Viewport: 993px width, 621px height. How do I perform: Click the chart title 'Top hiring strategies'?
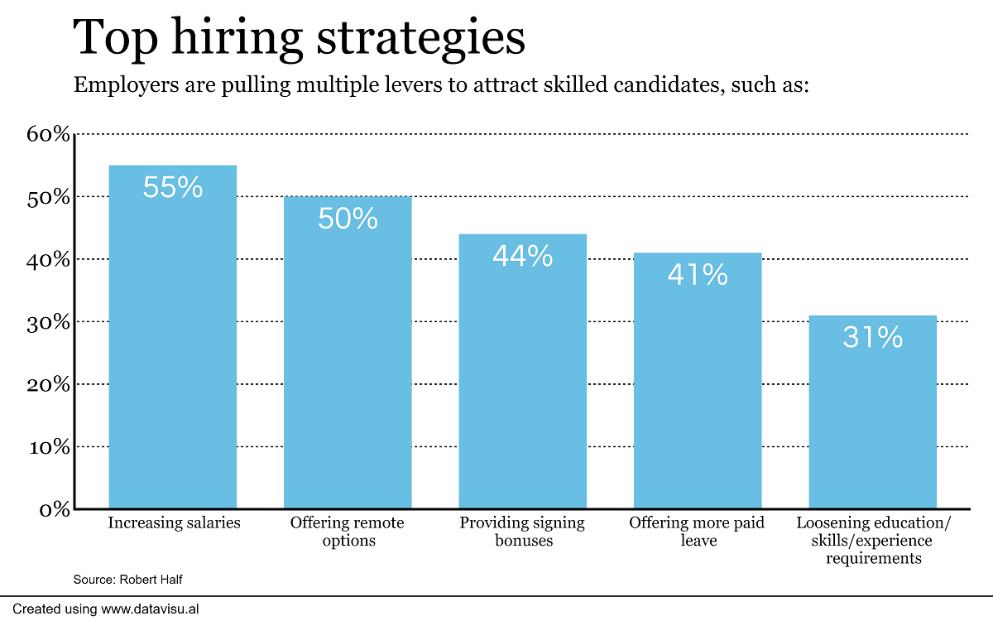click(x=299, y=38)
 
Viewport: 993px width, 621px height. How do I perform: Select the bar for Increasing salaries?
click(x=173, y=348)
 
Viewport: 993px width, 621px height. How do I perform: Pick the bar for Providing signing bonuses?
click(x=522, y=381)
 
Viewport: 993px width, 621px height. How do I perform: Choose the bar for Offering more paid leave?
click(x=698, y=389)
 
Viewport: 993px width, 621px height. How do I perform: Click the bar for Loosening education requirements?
click(x=872, y=422)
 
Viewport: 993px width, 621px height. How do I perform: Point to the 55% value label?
click(x=173, y=187)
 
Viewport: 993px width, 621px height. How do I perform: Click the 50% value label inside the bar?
click(x=348, y=219)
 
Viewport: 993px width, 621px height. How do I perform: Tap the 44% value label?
click(x=522, y=256)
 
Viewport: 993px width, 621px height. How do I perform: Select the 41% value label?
click(x=698, y=274)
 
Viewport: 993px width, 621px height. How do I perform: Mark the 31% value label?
click(x=872, y=337)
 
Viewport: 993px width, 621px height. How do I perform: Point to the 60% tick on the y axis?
click(x=49, y=134)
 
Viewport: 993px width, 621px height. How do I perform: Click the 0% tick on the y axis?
click(x=55, y=509)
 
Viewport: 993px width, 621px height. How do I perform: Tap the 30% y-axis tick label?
click(x=49, y=322)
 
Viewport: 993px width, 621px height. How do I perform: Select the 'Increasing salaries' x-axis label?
click(x=174, y=523)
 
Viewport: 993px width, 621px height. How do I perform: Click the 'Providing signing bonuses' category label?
click(x=522, y=532)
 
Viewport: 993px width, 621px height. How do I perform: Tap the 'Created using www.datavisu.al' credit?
click(x=106, y=609)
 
